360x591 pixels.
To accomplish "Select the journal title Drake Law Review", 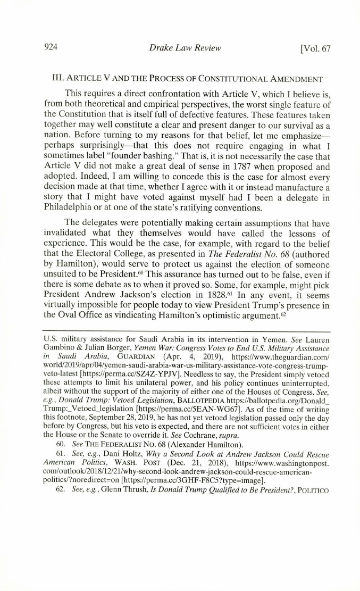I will click(185, 48).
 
